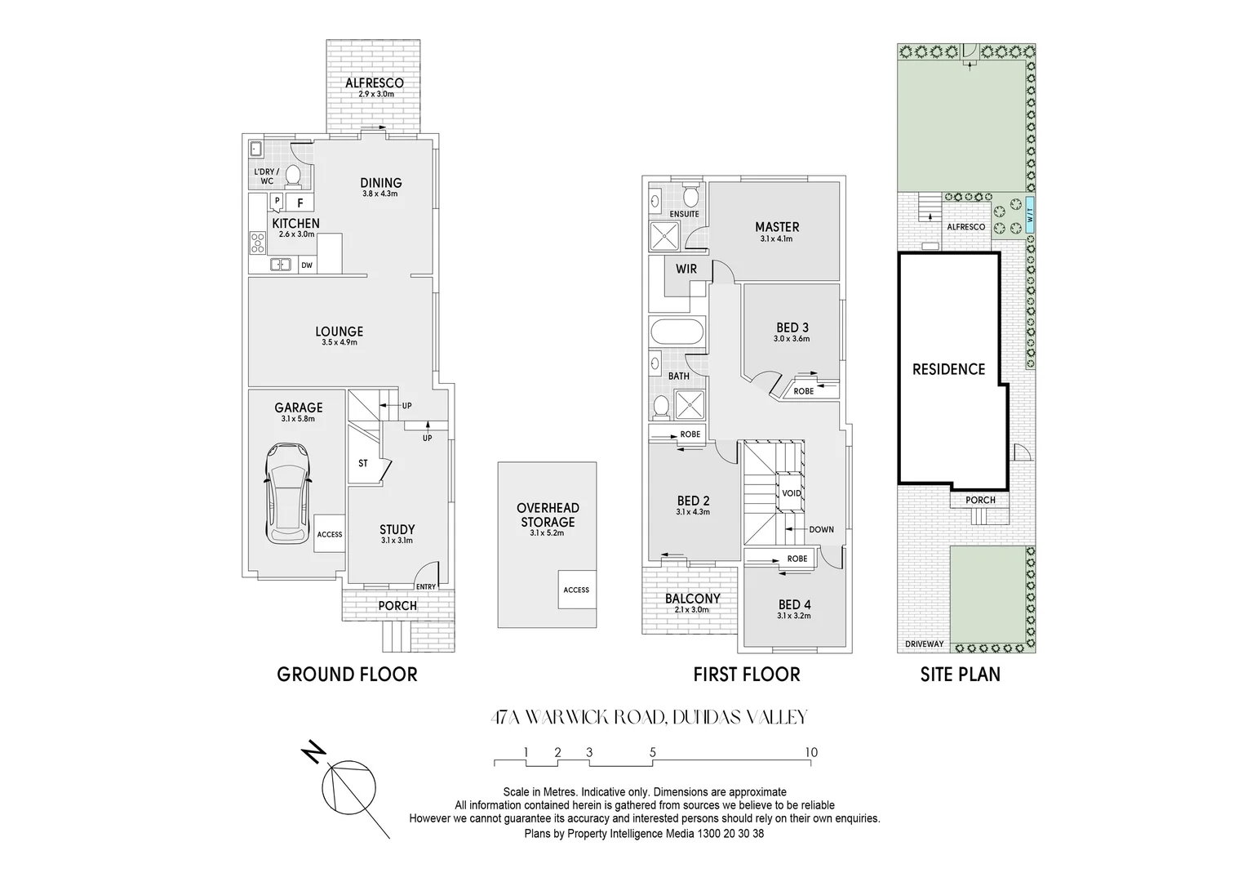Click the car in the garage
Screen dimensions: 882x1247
coord(286,493)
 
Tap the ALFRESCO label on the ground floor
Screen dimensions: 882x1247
coord(374,83)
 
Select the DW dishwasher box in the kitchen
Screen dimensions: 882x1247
coord(307,265)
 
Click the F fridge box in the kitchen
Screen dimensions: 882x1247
coord(300,203)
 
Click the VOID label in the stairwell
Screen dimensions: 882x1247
coord(791,493)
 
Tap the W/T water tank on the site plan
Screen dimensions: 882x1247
coord(1030,216)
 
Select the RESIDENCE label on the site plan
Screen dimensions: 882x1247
coord(948,369)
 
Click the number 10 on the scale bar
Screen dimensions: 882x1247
coord(810,752)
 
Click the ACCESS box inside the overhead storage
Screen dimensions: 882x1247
coord(576,590)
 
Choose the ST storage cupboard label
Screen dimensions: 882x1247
coord(363,463)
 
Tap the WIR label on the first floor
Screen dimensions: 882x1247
coord(686,269)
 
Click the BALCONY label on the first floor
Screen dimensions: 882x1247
coord(692,599)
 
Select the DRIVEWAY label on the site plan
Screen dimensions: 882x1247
coord(924,644)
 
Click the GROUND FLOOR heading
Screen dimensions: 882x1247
coord(347,675)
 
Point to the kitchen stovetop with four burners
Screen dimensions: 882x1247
coord(257,243)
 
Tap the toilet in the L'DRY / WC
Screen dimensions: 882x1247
coord(291,176)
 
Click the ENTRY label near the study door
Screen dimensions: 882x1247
coord(425,586)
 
